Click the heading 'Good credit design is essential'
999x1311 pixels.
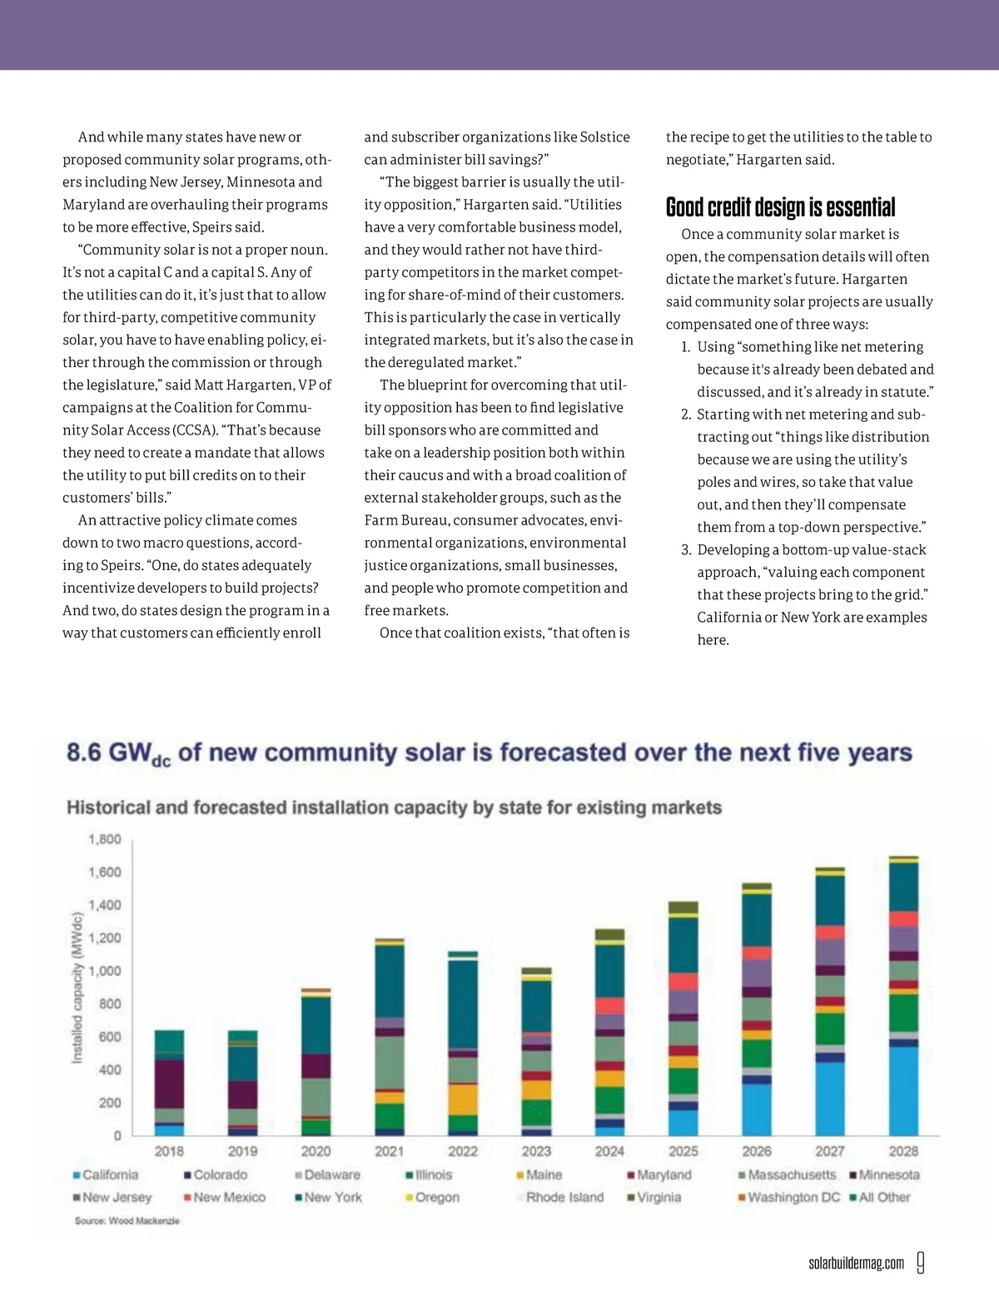pyautogui.click(x=780, y=207)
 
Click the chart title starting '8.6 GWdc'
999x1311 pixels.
pyautogui.click(x=489, y=753)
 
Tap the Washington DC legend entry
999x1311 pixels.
pyautogui.click(x=789, y=1197)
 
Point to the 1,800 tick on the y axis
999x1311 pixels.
pyautogui.click(x=105, y=839)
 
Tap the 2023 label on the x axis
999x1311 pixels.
pyautogui.click(x=536, y=1151)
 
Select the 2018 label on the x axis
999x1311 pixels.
pyautogui.click(x=169, y=1151)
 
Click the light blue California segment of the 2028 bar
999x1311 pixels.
pyautogui.click(x=903, y=1090)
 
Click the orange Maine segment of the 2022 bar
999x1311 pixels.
pyautogui.click(x=463, y=1100)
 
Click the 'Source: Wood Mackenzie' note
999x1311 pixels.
pyautogui.click(x=127, y=1220)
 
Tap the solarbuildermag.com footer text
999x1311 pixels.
pyautogui.click(x=856, y=1264)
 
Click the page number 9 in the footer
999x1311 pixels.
pyautogui.click(x=920, y=1263)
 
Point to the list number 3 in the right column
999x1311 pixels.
pyautogui.click(x=686, y=549)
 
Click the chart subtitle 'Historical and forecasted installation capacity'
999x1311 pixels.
pyautogui.click(x=394, y=807)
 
